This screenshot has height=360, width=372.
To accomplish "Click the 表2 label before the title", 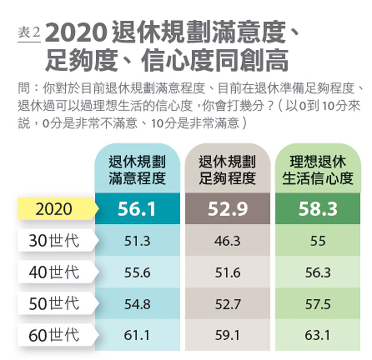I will [x=29, y=33].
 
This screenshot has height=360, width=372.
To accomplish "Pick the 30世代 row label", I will [x=54, y=241].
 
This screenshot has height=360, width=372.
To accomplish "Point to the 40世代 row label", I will [x=54, y=273].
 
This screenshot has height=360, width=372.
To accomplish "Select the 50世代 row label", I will [x=54, y=304].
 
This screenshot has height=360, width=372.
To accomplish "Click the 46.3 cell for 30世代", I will [x=227, y=241].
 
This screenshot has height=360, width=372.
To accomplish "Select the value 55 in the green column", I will [x=318, y=241].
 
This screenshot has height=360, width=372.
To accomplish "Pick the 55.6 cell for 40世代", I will [x=137, y=273].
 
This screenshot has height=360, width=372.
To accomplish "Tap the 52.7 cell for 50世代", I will [x=227, y=304].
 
